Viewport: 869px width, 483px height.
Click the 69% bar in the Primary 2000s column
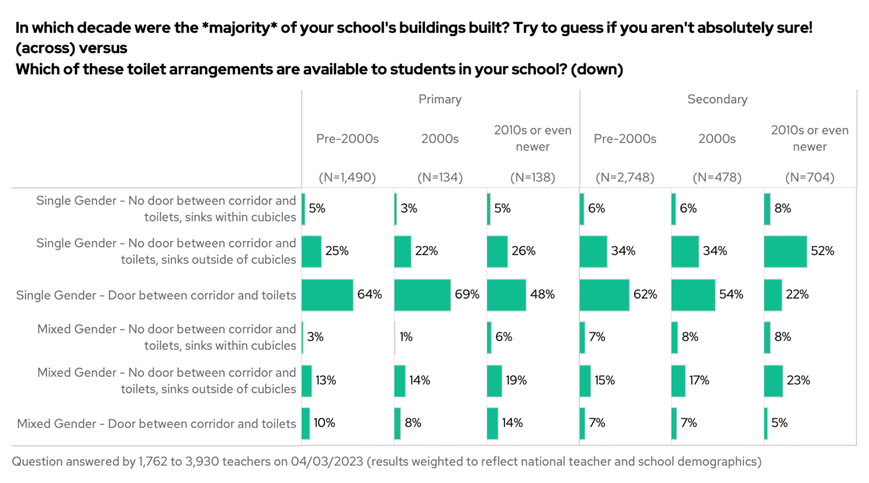click(422, 295)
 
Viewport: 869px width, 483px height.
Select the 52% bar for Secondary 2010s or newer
click(785, 251)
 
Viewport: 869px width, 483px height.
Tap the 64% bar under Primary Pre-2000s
click(327, 295)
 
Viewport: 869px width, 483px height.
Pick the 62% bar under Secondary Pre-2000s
click(604, 295)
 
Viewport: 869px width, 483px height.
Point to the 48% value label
click(543, 295)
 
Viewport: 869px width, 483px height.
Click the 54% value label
click(731, 295)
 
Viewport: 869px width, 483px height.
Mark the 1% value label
click(406, 337)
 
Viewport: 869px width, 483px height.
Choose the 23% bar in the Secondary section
click(773, 380)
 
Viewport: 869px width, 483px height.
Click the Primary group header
click(440, 99)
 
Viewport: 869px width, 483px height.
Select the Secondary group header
click(718, 99)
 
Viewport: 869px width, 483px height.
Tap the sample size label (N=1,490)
click(347, 178)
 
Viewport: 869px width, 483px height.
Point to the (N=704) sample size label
click(810, 178)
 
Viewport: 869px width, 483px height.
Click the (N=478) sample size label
click(717, 178)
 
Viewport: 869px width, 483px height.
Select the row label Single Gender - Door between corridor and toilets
click(156, 295)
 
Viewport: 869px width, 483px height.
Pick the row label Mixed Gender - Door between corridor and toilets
click(156, 423)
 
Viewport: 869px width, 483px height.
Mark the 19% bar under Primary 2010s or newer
click(494, 380)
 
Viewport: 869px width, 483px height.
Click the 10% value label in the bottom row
click(324, 423)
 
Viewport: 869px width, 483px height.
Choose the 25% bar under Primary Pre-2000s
click(311, 251)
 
